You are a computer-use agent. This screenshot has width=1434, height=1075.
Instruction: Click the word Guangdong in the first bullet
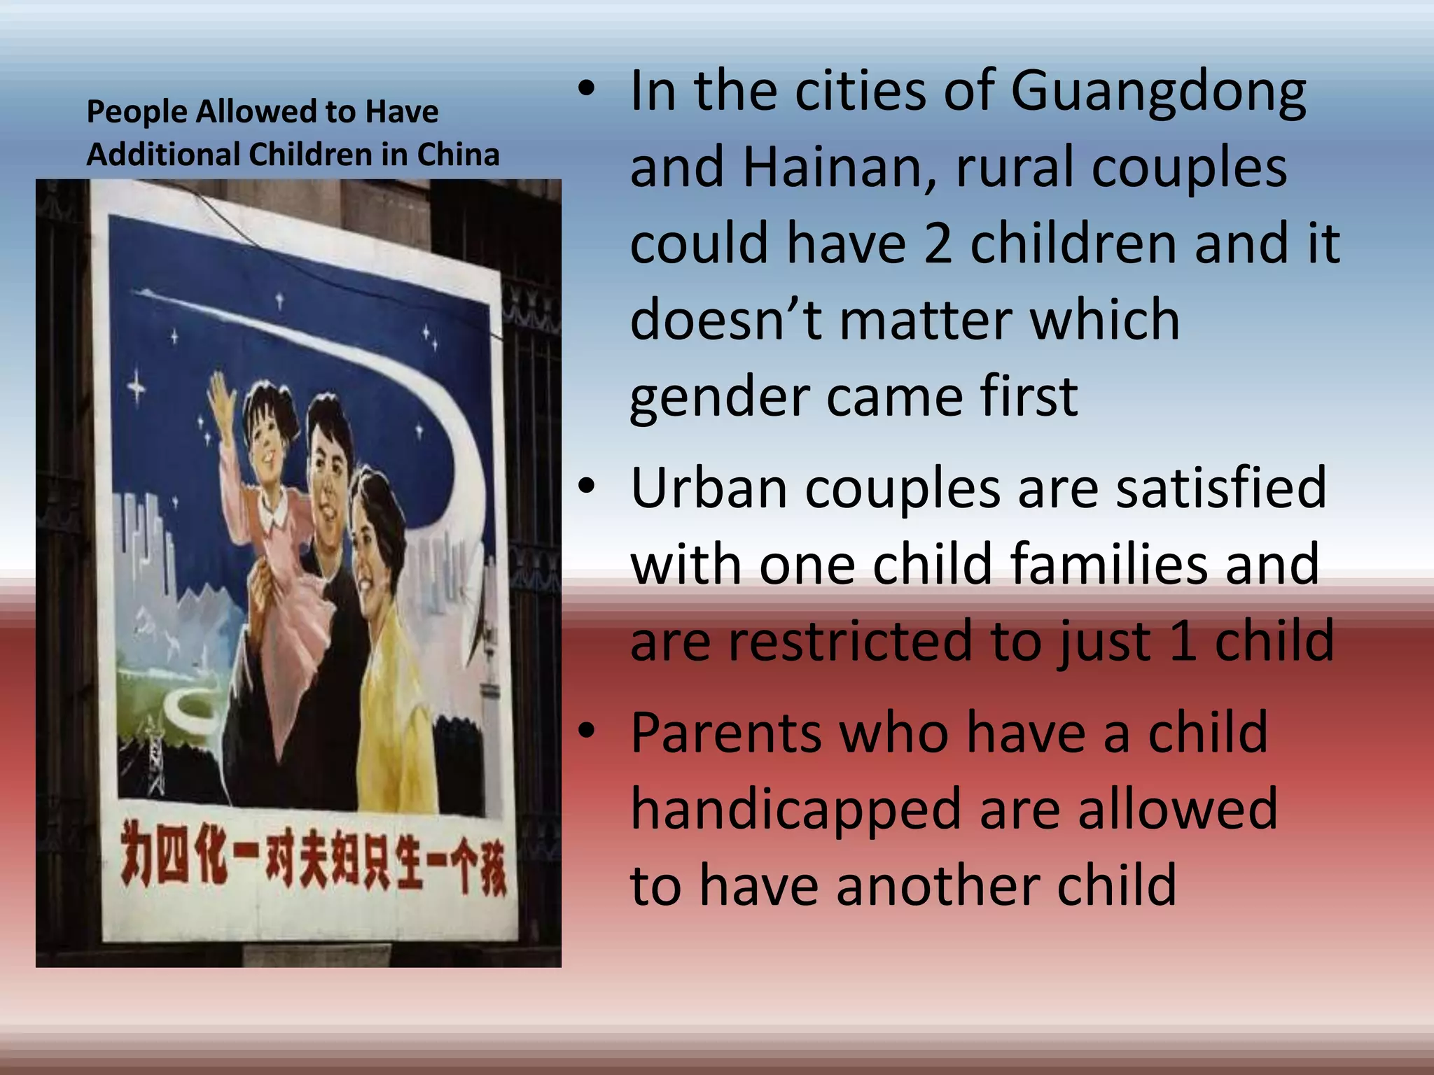pos(1158,92)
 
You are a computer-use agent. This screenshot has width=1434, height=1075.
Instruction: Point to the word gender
pos(719,398)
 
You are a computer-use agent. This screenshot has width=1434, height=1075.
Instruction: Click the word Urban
pos(709,488)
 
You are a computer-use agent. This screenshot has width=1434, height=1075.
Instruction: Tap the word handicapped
pos(795,810)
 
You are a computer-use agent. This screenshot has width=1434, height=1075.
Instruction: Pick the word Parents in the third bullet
pos(725,733)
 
